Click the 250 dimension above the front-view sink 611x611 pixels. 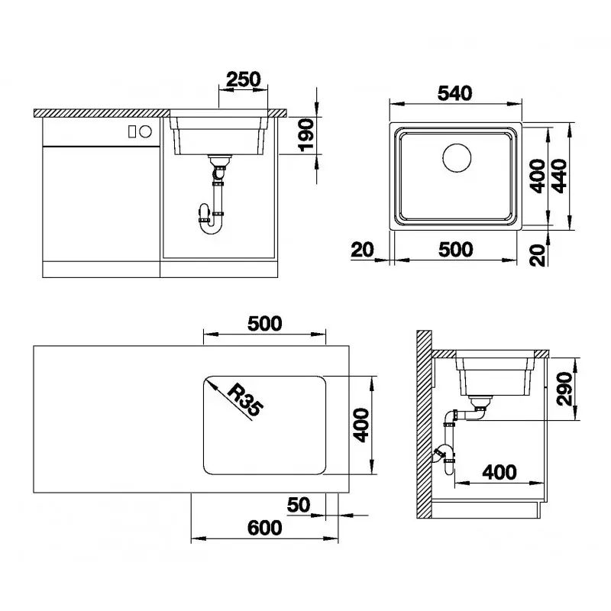[244, 79]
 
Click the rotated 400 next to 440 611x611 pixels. [538, 176]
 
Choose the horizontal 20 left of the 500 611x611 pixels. [363, 249]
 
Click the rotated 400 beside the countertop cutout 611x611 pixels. [361, 425]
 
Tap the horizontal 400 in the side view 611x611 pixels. [500, 473]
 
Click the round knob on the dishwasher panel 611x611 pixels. [146, 131]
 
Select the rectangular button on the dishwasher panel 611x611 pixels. [132, 131]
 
